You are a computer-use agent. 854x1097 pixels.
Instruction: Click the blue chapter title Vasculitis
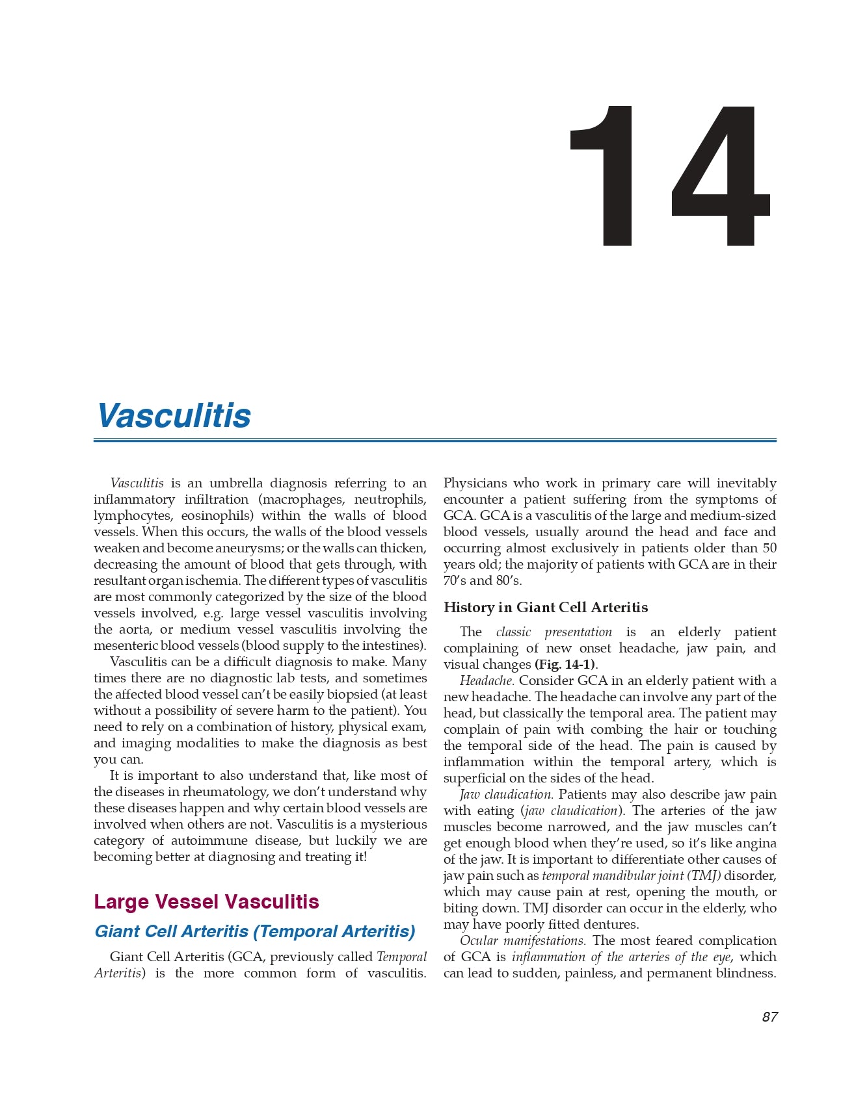pyautogui.click(x=174, y=416)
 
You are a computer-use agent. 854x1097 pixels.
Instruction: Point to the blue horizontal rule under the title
pyautogui.click(x=434, y=440)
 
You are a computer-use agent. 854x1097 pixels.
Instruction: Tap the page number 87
pyautogui.click(x=769, y=1017)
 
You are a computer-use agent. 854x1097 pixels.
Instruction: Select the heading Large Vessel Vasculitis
pyautogui.click(x=206, y=902)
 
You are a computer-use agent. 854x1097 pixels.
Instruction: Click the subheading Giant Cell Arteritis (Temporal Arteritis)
pyautogui.click(x=254, y=931)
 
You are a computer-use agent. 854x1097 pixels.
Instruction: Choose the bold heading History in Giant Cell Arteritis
pyautogui.click(x=546, y=608)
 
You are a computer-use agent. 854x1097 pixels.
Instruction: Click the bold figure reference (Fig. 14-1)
pyautogui.click(x=565, y=665)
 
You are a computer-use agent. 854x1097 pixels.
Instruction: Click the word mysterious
pyautogui.click(x=394, y=825)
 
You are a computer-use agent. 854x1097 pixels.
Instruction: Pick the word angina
pyautogui.click(x=755, y=844)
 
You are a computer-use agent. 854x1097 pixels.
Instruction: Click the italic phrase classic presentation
pyautogui.click(x=554, y=632)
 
